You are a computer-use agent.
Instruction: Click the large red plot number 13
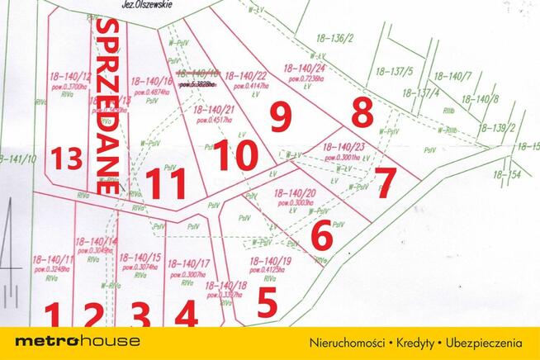click(x=65, y=158)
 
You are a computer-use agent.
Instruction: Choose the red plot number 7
click(x=385, y=181)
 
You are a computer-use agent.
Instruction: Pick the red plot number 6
click(x=321, y=236)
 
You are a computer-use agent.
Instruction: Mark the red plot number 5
click(x=266, y=302)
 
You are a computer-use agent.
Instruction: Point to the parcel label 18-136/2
click(x=334, y=38)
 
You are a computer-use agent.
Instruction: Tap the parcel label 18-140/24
click(x=306, y=69)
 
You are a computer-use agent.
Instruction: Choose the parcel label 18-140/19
click(x=269, y=261)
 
